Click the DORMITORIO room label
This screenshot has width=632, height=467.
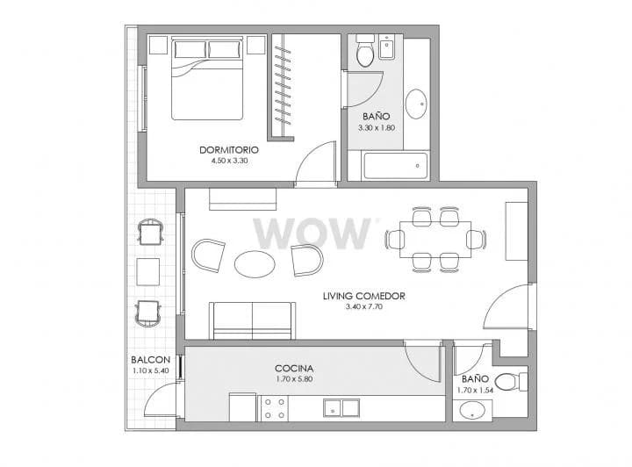click(x=229, y=150)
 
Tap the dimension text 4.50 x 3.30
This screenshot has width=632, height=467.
click(x=229, y=161)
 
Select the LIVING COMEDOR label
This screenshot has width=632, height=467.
click(x=364, y=296)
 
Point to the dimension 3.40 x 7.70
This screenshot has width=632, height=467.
click(x=364, y=306)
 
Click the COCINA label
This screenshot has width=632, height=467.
click(x=294, y=369)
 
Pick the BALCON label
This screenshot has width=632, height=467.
click(x=151, y=359)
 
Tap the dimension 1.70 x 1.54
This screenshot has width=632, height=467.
click(x=475, y=390)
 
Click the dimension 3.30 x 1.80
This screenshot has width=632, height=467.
click(x=377, y=128)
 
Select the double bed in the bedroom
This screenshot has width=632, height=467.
click(x=207, y=79)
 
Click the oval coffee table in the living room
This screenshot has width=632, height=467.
click(x=255, y=264)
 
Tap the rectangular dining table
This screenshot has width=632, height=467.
click(x=435, y=240)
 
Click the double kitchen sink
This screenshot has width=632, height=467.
click(x=341, y=408)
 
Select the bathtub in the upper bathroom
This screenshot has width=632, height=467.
click(x=395, y=166)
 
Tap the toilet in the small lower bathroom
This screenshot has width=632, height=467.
click(x=511, y=382)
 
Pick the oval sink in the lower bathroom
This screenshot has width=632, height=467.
click(x=473, y=411)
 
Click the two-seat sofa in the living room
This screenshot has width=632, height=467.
click(x=252, y=320)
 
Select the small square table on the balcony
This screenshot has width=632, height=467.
click(x=148, y=272)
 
